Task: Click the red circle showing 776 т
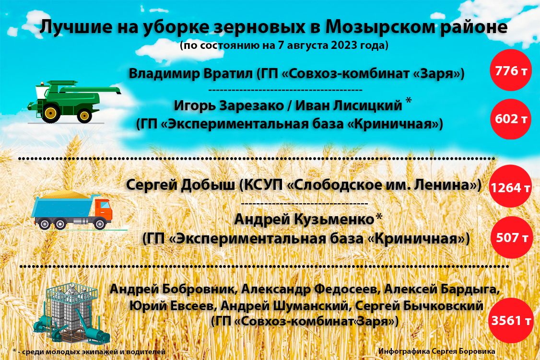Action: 511,70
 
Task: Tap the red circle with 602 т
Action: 511,119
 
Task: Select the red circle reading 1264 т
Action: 510,186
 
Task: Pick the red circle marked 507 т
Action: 512,237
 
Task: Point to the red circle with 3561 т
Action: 511,320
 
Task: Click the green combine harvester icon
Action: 74,102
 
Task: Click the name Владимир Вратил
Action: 191,73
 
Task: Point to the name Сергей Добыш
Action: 180,185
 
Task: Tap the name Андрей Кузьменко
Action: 304,219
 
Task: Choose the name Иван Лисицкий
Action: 349,105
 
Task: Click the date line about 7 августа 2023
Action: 284,46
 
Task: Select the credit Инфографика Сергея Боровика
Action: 437,351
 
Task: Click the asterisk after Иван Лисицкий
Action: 408,101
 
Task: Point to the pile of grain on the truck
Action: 65,195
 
